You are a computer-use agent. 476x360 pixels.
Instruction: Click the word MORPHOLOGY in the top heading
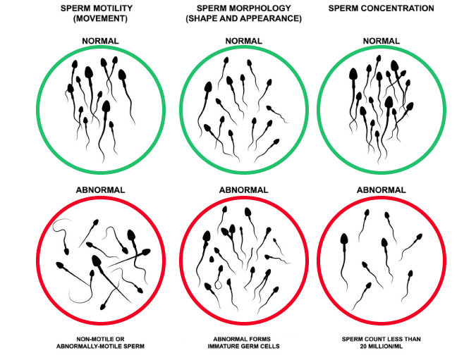click(x=262, y=8)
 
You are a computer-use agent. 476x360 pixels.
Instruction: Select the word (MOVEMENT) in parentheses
click(x=100, y=18)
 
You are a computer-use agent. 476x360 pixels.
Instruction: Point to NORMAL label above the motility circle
click(x=100, y=41)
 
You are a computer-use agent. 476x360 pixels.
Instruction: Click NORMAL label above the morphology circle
click(x=243, y=41)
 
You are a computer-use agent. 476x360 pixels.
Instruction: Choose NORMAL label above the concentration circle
click(x=382, y=41)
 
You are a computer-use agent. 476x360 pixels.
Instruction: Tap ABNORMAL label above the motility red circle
click(x=100, y=190)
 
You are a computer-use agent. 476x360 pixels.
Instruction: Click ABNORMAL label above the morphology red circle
click(x=243, y=190)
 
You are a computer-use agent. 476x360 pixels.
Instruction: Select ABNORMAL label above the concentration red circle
click(x=382, y=190)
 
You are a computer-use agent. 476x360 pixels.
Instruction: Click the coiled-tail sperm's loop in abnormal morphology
click(x=219, y=285)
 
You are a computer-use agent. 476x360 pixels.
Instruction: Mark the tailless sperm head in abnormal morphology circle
click(x=212, y=259)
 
